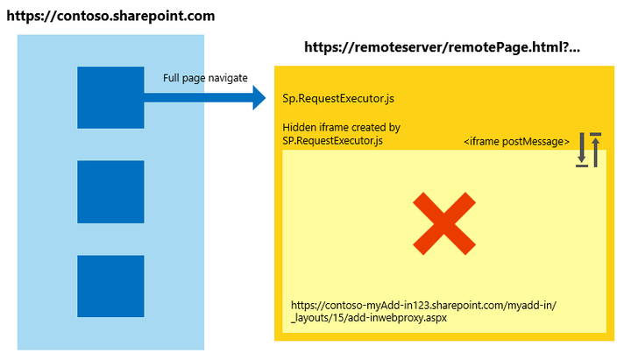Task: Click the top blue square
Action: [110, 98]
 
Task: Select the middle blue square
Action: [110, 192]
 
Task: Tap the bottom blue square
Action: [110, 286]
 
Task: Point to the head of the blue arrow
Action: [258, 98]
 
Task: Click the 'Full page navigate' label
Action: [205, 78]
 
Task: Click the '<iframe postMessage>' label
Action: [516, 141]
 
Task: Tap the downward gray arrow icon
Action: [581, 152]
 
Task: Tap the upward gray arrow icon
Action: [595, 149]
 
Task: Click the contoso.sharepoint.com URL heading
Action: [110, 17]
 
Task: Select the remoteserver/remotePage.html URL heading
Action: [443, 49]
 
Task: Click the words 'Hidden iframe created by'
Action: [341, 128]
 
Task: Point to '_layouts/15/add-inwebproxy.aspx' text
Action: [369, 318]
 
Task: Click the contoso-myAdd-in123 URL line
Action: [423, 305]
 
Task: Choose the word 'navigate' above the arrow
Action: [226, 78]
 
